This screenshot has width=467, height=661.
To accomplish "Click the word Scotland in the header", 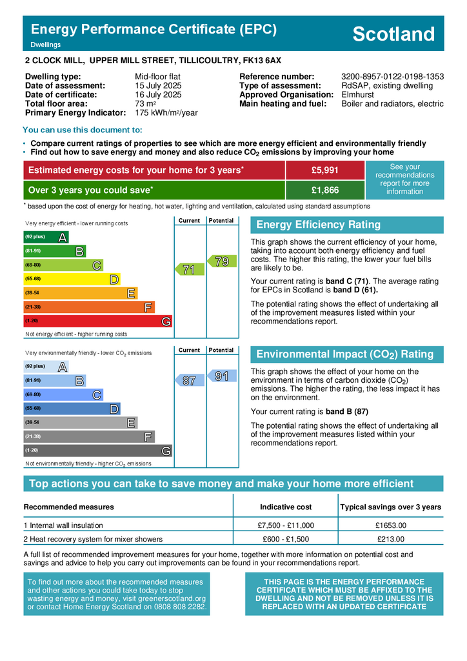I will coord(393,34).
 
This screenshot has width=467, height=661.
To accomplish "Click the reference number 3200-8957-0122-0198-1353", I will coord(392,77).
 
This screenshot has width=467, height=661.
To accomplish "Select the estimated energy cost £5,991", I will coord(324,170).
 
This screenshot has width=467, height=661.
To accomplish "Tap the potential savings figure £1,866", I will coord(324,190).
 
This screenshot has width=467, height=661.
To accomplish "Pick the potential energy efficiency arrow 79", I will coord(221,261).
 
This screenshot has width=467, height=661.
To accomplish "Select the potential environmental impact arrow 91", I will coord(221,376).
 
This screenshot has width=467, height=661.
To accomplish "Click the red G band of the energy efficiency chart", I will coord(97,321).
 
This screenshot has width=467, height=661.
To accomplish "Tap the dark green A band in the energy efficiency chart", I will coord(45,237).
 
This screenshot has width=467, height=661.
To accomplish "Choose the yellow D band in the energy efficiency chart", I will coord(71,279).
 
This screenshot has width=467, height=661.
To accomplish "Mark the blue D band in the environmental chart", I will coord(71,409).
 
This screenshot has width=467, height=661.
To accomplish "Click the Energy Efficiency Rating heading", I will coord(319,225).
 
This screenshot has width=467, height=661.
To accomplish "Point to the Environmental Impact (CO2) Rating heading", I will coord(345,354).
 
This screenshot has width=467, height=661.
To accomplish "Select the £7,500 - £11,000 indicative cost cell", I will coord(286,525).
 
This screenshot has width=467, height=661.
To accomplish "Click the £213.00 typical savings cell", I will coord(390,539).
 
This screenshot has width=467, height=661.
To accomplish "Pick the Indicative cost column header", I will coord(286,507).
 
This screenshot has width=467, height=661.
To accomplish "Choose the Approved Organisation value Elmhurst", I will coord(357,95).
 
